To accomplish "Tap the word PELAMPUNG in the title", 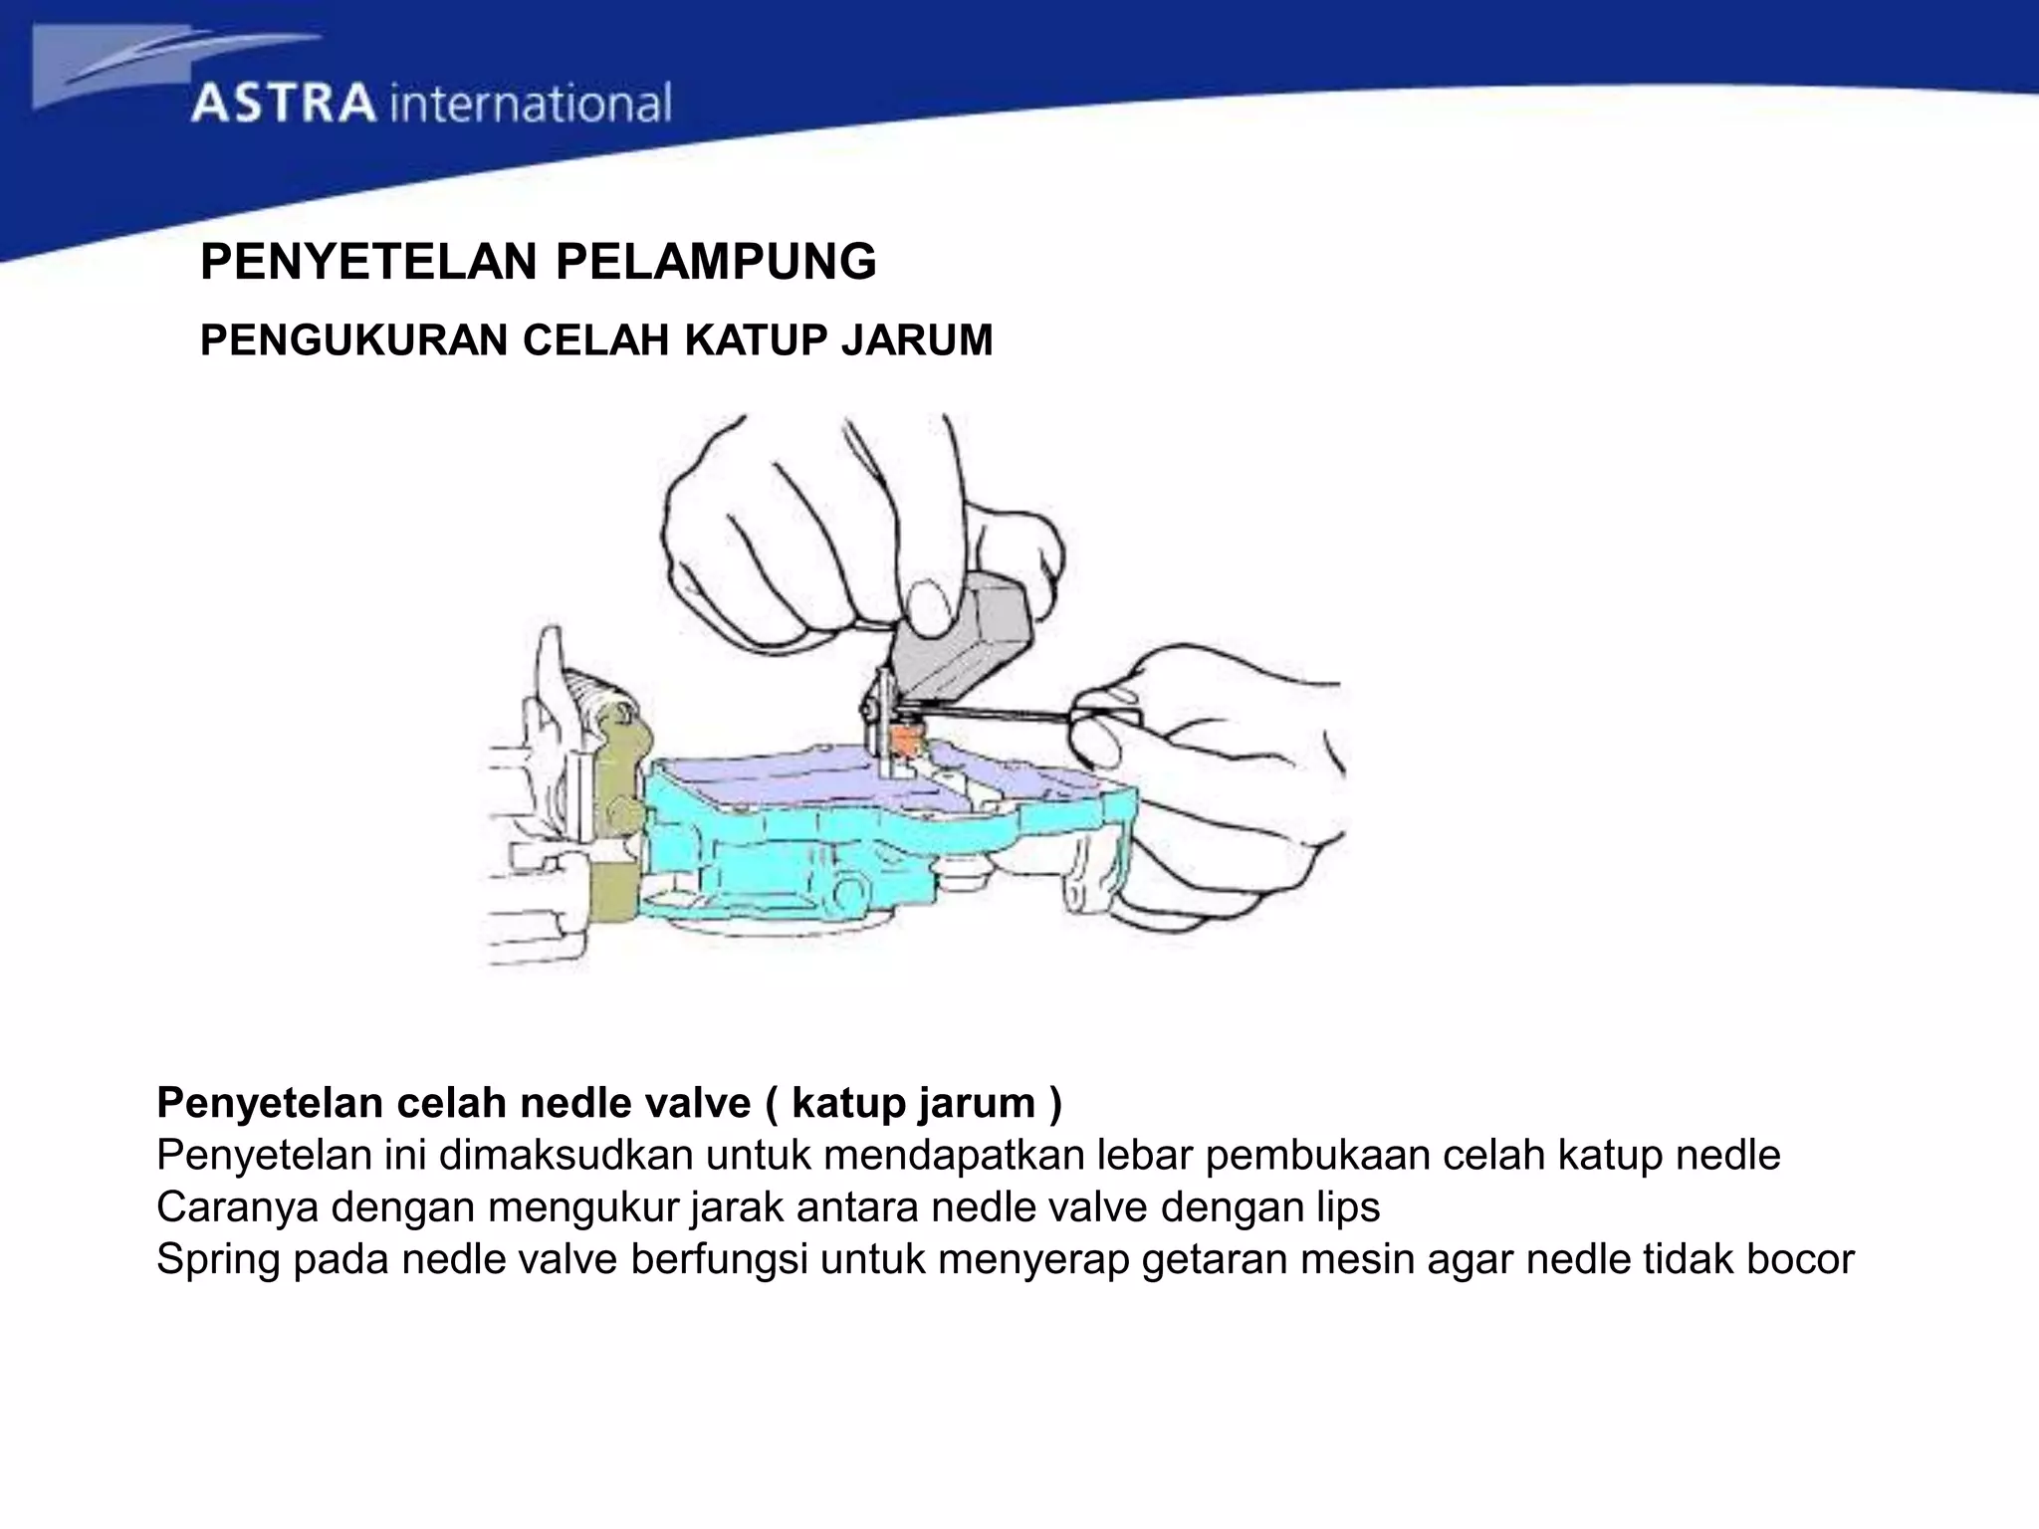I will pyautogui.click(x=715, y=263).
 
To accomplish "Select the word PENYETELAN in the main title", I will pyautogui.click(x=368, y=263).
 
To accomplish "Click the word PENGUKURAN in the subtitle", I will pyautogui.click(x=354, y=340).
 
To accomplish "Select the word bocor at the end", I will pyautogui.click(x=1801, y=1259).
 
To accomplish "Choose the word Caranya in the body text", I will pyautogui.click(x=237, y=1207).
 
